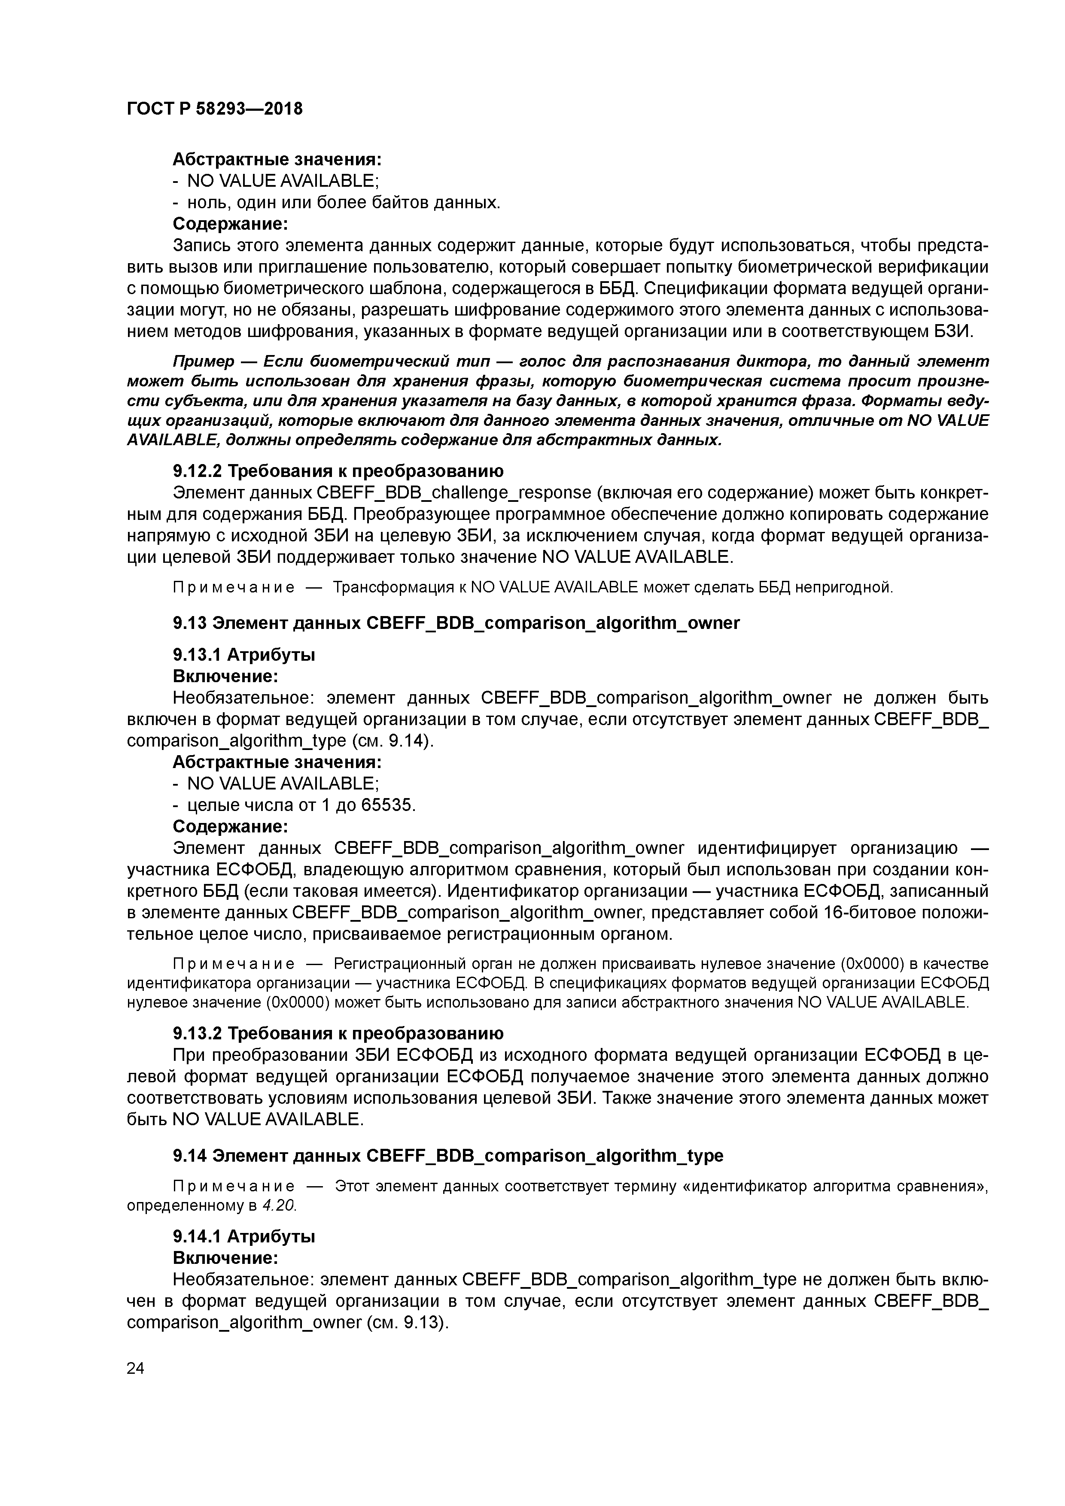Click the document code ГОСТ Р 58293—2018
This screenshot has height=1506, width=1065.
[215, 109]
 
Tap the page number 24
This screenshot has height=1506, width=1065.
[135, 1368]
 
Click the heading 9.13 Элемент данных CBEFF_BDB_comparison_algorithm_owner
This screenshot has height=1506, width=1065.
[456, 622]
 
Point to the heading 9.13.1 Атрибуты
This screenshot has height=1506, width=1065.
[243, 655]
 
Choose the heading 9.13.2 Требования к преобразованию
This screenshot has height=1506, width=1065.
[338, 1034]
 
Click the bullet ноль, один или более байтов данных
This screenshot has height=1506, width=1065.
[343, 203]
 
